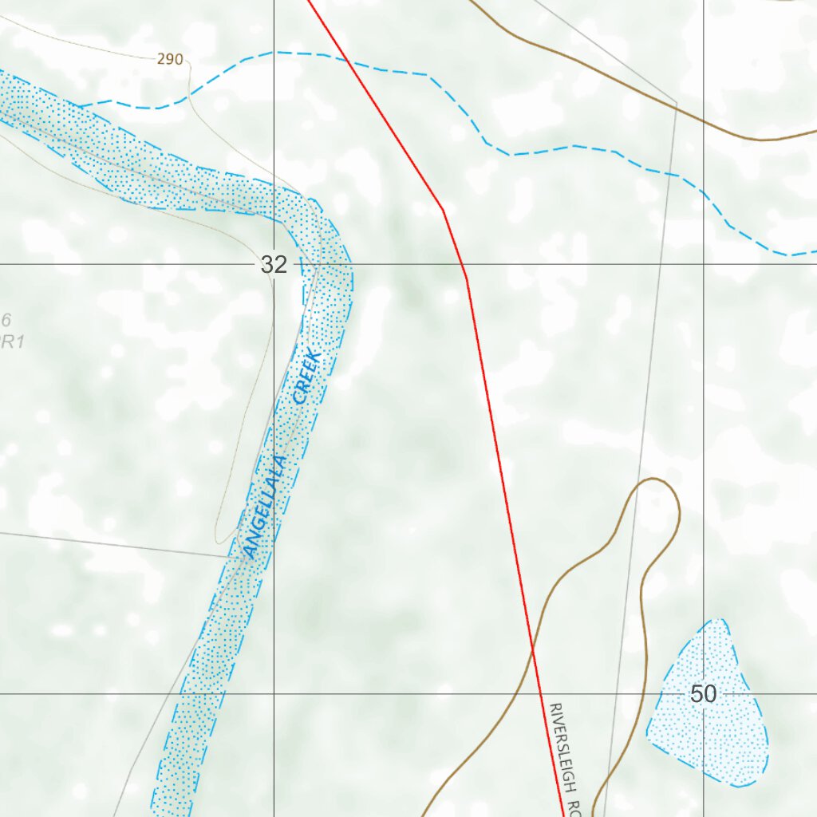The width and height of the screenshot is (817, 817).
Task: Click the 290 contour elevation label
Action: (x=170, y=59)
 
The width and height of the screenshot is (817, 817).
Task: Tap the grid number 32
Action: (x=273, y=265)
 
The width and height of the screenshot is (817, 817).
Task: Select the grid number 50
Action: (x=703, y=694)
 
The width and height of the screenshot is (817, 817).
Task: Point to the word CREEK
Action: (x=306, y=377)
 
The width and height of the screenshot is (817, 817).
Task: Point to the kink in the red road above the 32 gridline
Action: (x=443, y=210)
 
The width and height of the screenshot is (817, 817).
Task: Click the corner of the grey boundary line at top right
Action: (x=677, y=103)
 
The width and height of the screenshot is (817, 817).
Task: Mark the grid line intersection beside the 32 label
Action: (x=274, y=263)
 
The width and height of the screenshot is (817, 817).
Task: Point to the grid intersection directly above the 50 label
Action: (x=703, y=263)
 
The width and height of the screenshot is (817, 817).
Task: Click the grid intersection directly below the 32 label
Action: (x=274, y=693)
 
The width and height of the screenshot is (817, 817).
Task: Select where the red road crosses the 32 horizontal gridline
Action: (x=463, y=263)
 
